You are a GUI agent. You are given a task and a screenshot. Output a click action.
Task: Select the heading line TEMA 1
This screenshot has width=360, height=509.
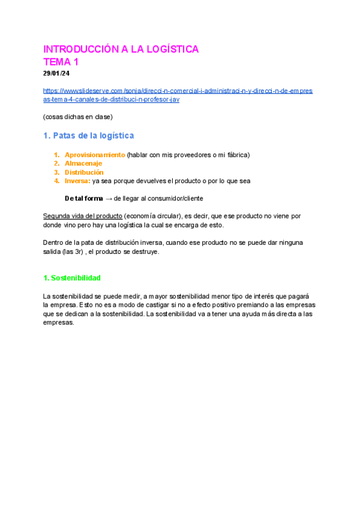(x=61, y=62)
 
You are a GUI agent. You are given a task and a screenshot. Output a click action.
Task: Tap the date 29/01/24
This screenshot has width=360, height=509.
(x=56, y=73)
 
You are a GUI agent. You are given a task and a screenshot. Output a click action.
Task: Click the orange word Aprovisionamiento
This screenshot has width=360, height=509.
(x=95, y=155)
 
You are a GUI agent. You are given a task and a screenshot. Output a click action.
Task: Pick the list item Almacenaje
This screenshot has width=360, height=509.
(x=83, y=163)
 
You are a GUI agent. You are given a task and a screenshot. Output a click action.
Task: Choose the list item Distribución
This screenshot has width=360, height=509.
(x=84, y=172)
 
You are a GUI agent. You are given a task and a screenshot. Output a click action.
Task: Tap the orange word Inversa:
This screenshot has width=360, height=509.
(x=77, y=181)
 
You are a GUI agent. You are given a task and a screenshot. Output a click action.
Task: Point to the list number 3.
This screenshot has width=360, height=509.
(x=56, y=172)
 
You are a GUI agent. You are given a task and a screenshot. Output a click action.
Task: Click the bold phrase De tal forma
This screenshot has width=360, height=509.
(x=84, y=199)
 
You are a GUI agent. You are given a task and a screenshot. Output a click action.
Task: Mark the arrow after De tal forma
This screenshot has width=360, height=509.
(x=109, y=199)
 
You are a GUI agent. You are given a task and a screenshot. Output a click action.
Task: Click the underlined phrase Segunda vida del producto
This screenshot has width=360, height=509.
(x=82, y=216)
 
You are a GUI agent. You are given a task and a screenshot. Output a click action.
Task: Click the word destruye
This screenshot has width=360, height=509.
(x=146, y=252)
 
